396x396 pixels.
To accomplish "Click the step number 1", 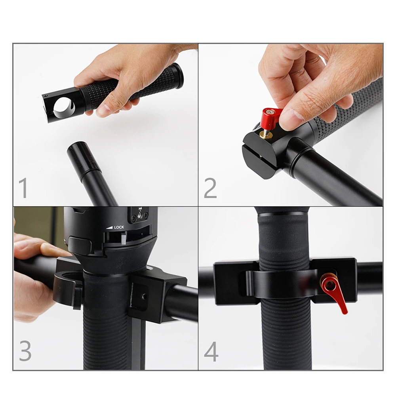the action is [x=24, y=188].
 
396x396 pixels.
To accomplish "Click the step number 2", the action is [x=210, y=188].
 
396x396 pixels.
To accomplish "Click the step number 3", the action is [x=25, y=351].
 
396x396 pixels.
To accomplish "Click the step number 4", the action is [x=211, y=351].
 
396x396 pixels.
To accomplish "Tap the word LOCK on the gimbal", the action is [x=119, y=227].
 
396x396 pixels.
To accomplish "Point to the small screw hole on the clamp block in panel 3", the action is [x=144, y=295].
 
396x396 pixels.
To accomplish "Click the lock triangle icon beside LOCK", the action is [x=109, y=227].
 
